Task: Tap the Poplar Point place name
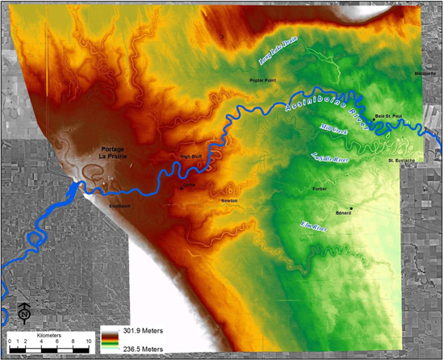coord(263,81)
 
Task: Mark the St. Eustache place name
coord(401,161)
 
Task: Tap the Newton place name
coord(229,200)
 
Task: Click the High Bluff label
coord(190,157)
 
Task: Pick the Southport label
coord(119,206)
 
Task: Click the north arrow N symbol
coord(24,312)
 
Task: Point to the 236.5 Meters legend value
coord(145,349)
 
